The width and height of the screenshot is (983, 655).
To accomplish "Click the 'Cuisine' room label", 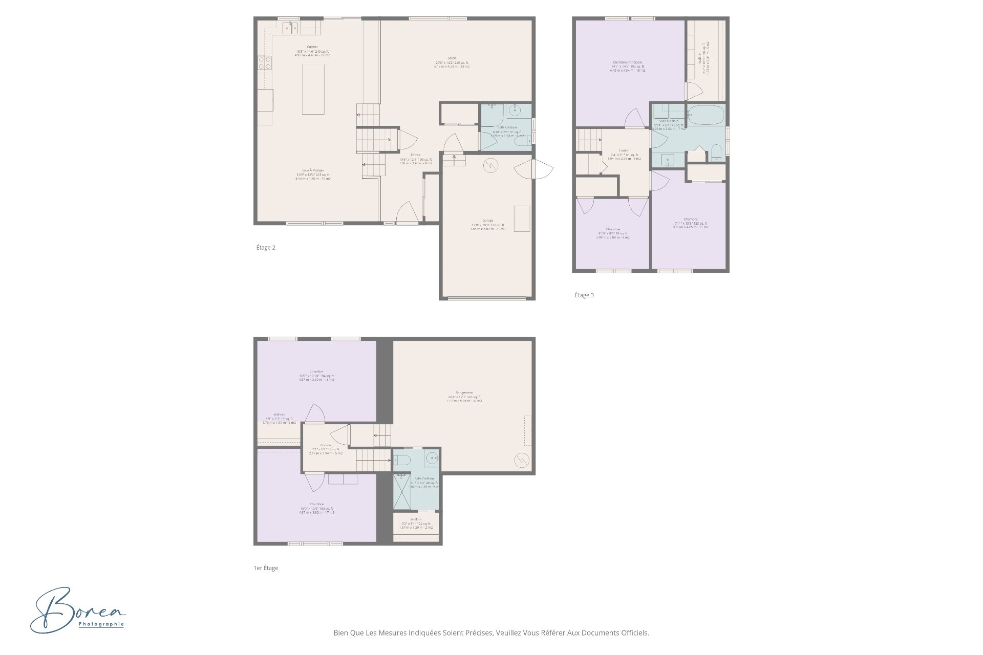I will coord(312,47).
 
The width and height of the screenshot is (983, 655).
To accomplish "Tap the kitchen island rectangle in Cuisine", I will coord(313,89).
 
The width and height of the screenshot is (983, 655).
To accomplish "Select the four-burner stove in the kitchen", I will coord(265,62).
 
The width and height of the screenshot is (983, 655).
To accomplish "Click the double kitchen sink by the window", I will coord(291,27).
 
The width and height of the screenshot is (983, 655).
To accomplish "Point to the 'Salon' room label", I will coord(452,58).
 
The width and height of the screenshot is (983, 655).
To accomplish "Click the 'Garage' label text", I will coord(487,221).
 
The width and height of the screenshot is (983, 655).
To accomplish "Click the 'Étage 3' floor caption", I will coord(584,295).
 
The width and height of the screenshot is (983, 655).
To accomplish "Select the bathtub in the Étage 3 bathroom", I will coord(706,115).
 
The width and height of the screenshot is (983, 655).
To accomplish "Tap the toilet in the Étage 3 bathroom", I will coord(716,151).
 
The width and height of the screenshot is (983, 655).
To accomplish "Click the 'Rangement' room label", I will coord(464,392).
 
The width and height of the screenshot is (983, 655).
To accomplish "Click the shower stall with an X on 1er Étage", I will coord(402,491).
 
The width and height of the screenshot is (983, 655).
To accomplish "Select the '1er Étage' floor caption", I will coord(266,568).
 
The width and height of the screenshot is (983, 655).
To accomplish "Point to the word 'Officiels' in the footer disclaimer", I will coord(635,633).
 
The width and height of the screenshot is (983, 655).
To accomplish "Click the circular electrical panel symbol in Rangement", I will coord(522,461).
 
